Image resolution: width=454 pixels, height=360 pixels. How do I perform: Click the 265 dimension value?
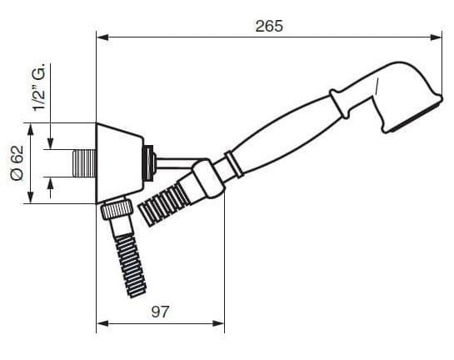[x=269, y=26]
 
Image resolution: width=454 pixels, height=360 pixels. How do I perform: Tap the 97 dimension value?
[x=160, y=312]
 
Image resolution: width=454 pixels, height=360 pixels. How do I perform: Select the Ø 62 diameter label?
[x=17, y=163]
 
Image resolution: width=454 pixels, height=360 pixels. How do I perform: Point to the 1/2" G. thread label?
[x=39, y=87]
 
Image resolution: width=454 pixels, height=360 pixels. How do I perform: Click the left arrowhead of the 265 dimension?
[x=102, y=37]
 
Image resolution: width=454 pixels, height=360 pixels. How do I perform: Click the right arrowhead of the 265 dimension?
[x=436, y=37]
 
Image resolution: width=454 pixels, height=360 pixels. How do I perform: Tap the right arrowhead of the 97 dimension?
[x=218, y=323]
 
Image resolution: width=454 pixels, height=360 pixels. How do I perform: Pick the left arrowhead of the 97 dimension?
[x=102, y=323]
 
